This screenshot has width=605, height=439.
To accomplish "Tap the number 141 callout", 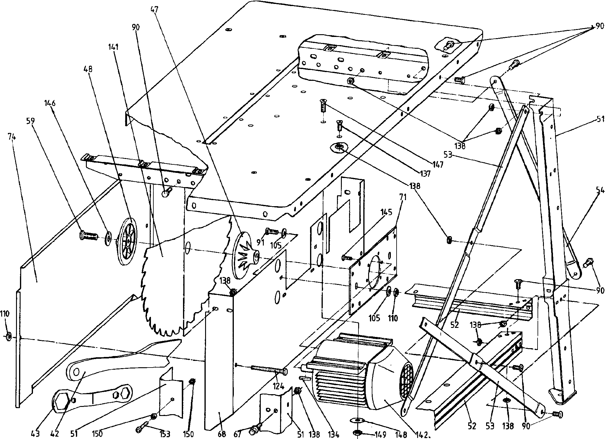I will point(114,47).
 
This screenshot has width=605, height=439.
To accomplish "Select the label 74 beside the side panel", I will point(12,137).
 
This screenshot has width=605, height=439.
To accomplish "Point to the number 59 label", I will point(30,121).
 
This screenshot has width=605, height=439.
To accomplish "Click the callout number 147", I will point(438,164).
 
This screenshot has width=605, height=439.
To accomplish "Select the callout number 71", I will point(403,198).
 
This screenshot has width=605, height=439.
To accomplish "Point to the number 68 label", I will point(222,434).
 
